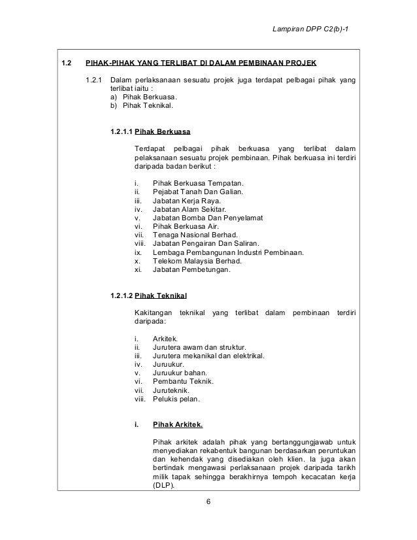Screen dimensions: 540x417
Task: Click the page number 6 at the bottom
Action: click(208, 502)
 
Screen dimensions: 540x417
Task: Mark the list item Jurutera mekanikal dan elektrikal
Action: click(208, 356)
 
